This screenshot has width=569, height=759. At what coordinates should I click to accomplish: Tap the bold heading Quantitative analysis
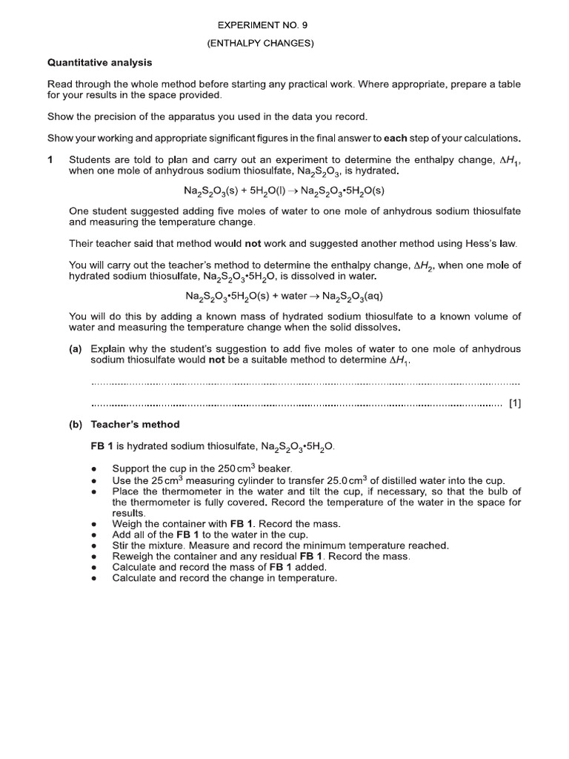[x=99, y=62]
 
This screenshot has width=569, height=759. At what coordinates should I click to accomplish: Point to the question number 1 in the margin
[x=50, y=159]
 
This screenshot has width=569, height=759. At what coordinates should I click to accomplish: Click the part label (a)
[x=76, y=349]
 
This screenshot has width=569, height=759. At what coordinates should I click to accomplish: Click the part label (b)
[x=76, y=425]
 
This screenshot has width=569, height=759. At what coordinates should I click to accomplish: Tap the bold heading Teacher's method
[x=135, y=425]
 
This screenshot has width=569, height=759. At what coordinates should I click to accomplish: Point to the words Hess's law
[x=488, y=243]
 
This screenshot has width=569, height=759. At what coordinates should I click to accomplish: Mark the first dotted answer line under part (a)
[x=305, y=383]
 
